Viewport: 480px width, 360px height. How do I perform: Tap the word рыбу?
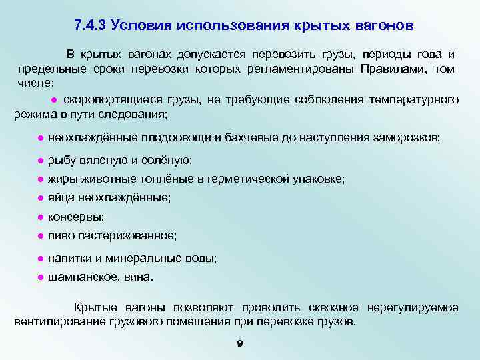61,160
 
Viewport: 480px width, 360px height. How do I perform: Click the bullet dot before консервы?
41,217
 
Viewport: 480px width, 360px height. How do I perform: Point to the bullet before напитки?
41,258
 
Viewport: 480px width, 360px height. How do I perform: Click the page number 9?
239,343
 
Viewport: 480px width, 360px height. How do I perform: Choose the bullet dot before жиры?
41,179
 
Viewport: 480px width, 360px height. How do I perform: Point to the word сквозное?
334,307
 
